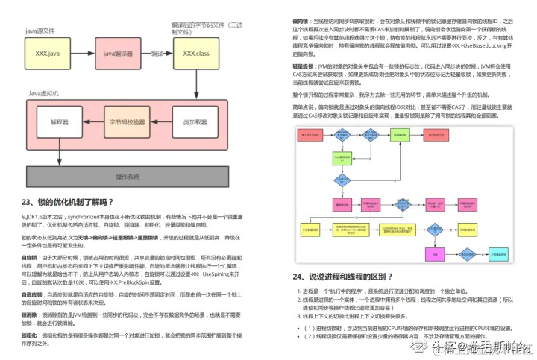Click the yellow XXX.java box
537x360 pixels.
pyautogui.click(x=47, y=54)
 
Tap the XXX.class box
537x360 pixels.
pyautogui.click(x=196, y=54)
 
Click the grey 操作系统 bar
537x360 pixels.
pyautogui.click(x=128, y=177)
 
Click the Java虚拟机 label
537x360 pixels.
pyautogui.click(x=46, y=92)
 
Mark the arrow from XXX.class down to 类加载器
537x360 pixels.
pyautogui.click(x=196, y=88)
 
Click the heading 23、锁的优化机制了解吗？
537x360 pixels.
pyautogui.click(x=68, y=202)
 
